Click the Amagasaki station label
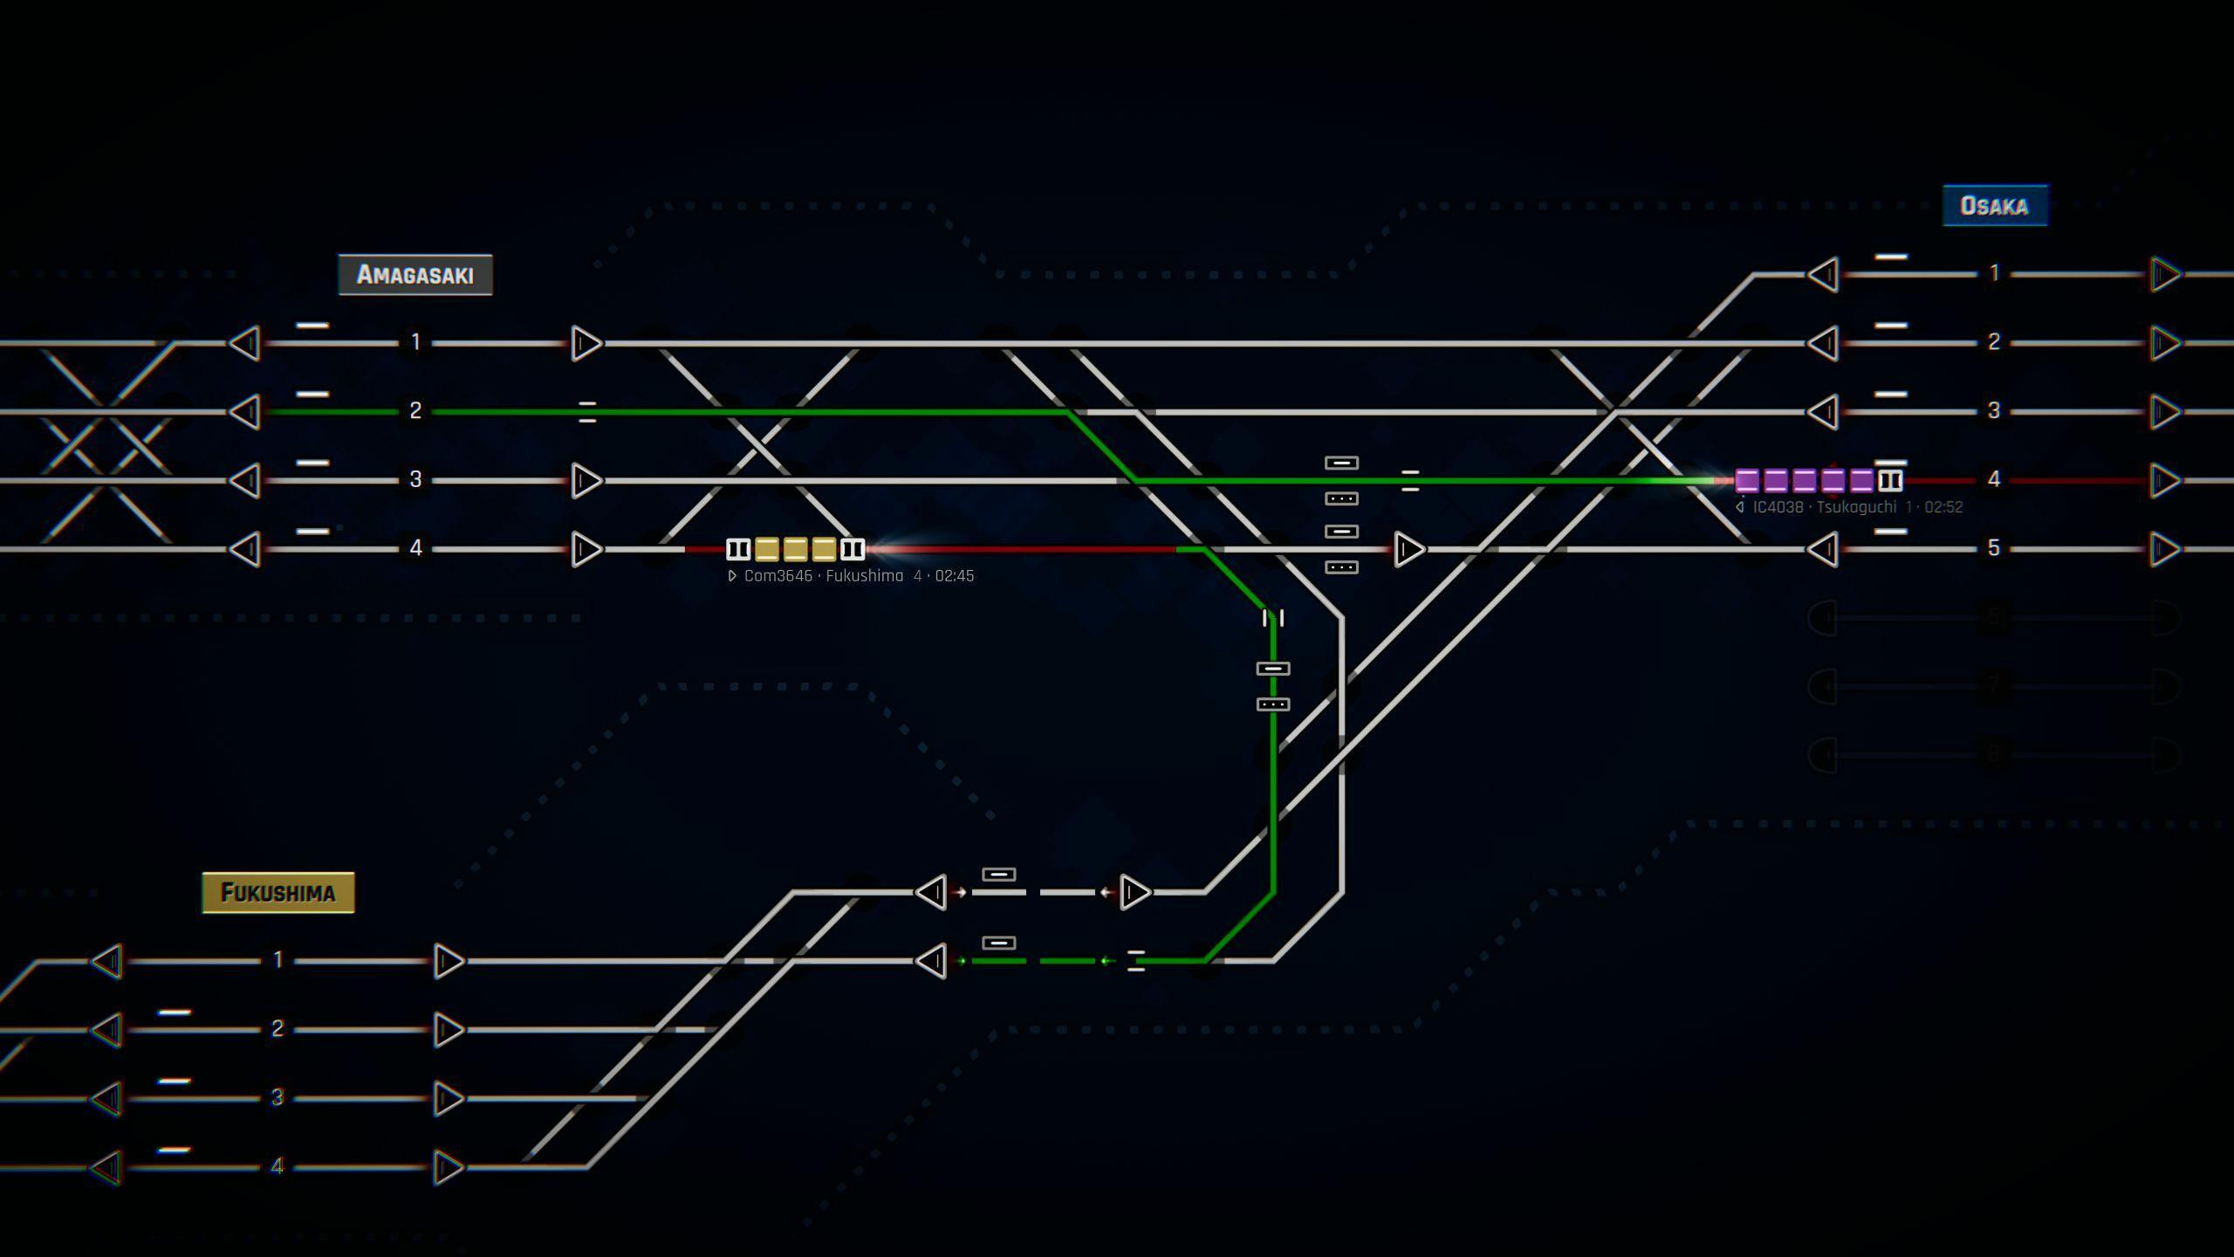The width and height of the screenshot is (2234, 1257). (x=415, y=275)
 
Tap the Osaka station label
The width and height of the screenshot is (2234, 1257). (x=1995, y=206)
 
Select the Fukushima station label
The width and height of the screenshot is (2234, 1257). (x=278, y=892)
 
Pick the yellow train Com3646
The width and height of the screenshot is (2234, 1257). (x=795, y=549)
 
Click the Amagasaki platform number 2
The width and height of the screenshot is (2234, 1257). (x=415, y=411)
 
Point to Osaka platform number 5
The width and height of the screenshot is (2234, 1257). (x=1994, y=548)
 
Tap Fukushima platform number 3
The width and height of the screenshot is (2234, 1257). (x=278, y=1097)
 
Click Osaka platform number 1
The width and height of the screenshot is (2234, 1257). (x=1994, y=274)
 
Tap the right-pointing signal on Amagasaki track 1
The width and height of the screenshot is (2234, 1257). (x=586, y=343)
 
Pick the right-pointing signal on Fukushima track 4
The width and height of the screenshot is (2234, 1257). (x=448, y=1167)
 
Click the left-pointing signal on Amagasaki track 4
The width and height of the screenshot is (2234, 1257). (x=245, y=549)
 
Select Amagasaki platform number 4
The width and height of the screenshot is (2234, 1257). (x=415, y=548)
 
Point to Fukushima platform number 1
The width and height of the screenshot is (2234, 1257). (x=278, y=960)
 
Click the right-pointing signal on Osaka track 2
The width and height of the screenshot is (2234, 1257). (x=2165, y=343)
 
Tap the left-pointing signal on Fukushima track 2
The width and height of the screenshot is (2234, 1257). (x=107, y=1030)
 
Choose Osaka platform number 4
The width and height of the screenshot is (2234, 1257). (x=1994, y=479)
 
